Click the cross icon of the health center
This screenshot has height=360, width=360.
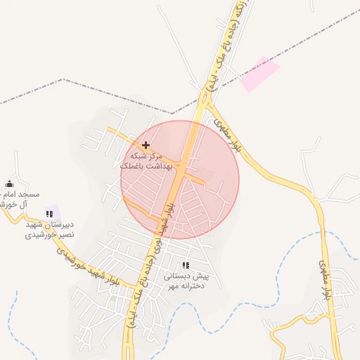click(146, 145)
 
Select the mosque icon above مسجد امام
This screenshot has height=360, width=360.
click(8, 184)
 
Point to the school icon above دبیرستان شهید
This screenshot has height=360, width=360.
click(49, 214)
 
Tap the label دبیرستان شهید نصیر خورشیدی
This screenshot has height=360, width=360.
click(49, 229)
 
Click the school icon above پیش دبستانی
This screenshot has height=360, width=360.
click(186, 265)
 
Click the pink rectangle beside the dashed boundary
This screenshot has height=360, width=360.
click(259, 75)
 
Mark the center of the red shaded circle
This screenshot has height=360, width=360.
click(180, 179)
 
